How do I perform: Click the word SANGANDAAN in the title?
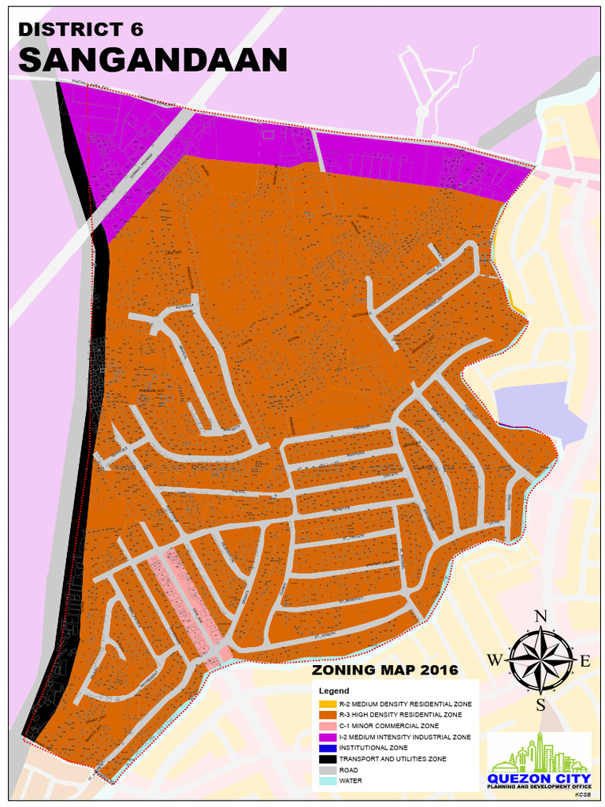point(152,60)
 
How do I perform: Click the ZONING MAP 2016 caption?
point(385,671)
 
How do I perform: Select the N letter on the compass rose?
point(540,616)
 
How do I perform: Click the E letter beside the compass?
point(585,660)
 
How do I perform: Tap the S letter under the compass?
point(540,704)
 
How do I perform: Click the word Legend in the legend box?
point(333,690)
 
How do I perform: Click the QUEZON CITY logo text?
point(540,779)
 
